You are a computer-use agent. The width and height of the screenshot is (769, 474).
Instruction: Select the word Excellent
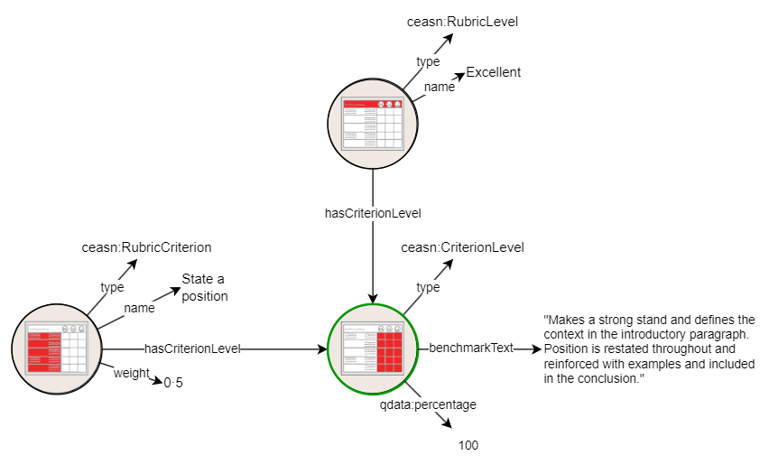coord(493,72)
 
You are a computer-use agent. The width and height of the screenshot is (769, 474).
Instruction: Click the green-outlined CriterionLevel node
coord(373,349)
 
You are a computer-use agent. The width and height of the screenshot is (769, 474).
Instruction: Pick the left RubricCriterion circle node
coord(57,349)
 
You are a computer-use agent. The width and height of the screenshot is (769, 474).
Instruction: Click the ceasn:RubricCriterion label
coord(146,247)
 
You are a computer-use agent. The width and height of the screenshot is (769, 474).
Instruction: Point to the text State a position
coord(204,287)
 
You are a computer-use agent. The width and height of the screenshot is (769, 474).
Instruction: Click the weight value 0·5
coord(173,383)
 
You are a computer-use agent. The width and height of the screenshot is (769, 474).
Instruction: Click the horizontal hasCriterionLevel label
coord(192,349)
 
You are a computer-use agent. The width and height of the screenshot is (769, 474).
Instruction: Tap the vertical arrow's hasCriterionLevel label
coord(373,214)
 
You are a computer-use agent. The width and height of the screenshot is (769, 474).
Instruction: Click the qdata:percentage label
coord(428,405)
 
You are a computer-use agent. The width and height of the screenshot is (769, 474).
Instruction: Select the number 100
coord(468,445)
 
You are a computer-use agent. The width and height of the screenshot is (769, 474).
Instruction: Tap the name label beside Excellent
coord(440,88)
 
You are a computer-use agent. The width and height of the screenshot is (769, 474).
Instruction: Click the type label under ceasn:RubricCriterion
coord(112,287)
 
